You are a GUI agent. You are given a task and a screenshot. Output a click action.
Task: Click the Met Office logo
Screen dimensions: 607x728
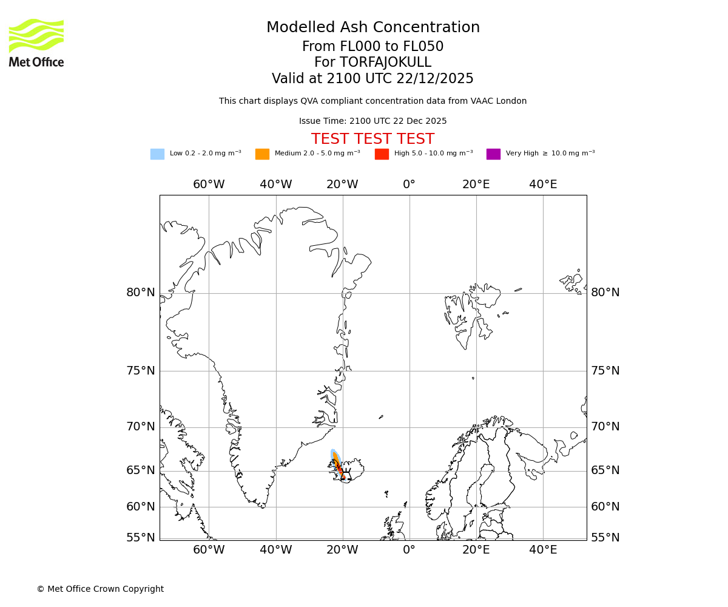click(36, 42)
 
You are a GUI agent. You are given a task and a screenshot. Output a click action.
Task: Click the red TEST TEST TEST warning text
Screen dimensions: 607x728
click(372, 140)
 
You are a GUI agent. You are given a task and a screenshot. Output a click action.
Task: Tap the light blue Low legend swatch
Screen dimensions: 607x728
click(157, 154)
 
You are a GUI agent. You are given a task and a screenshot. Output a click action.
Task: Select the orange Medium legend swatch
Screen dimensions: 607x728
click(262, 154)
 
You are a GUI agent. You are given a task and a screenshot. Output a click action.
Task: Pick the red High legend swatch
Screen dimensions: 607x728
click(382, 154)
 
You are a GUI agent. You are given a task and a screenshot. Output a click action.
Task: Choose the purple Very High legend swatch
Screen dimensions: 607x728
click(493, 154)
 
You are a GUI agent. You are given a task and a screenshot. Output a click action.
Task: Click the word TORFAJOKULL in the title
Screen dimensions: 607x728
click(385, 63)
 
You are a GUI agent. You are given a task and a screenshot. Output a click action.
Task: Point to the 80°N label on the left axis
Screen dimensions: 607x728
click(141, 293)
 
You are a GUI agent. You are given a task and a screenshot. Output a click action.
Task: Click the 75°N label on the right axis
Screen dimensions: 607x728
click(605, 371)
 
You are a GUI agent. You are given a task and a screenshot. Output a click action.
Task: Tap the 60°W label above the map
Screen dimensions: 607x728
click(209, 185)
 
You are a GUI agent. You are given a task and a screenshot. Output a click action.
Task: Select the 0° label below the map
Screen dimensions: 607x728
click(409, 550)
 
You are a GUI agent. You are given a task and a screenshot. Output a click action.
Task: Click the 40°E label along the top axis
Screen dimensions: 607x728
click(543, 185)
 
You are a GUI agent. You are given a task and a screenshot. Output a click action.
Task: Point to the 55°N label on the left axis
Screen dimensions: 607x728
click(141, 538)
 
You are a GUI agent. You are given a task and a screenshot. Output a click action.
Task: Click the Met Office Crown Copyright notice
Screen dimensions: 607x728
click(100, 589)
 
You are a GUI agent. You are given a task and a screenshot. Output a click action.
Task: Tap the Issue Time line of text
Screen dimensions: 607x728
click(372, 121)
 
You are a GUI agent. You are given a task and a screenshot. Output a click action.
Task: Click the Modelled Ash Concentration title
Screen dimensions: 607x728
click(372, 28)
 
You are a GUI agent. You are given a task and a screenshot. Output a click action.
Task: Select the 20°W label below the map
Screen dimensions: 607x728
click(343, 550)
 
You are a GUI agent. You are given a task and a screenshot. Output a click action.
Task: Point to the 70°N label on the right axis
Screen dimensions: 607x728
click(605, 427)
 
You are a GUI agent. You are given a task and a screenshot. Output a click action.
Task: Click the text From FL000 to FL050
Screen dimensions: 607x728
click(372, 47)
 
